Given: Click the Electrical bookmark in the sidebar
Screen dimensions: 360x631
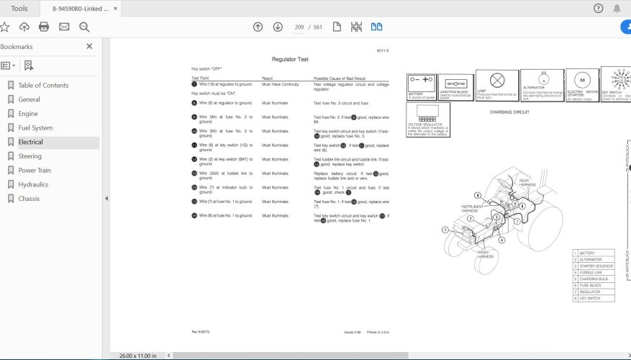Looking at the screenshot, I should (x=31, y=143).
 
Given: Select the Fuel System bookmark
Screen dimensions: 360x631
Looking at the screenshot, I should (x=35, y=128).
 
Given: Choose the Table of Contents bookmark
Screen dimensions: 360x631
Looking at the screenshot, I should (x=43, y=85).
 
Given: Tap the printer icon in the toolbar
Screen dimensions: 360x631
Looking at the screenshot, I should (x=44, y=27).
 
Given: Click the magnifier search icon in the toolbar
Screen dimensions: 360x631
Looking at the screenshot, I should (x=84, y=27).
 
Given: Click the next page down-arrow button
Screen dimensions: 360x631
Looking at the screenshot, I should (x=278, y=27).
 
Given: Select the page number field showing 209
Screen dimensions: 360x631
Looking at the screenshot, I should (x=299, y=27).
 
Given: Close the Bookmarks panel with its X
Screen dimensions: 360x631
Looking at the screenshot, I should (x=89, y=46).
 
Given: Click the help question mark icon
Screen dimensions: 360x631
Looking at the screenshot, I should (x=598, y=8).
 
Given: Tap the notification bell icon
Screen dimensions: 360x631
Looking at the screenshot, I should (x=617, y=8).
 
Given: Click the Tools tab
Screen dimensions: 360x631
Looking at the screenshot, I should (x=19, y=8).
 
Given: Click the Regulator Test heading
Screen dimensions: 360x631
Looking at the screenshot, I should (x=289, y=59).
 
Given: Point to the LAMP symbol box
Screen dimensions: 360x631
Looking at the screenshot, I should (x=496, y=86).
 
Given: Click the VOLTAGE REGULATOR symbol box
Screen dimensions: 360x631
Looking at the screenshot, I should (x=428, y=120).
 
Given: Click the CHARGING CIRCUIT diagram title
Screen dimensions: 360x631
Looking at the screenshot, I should (x=509, y=112).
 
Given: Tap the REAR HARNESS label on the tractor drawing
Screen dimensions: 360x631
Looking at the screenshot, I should (x=528, y=183).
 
